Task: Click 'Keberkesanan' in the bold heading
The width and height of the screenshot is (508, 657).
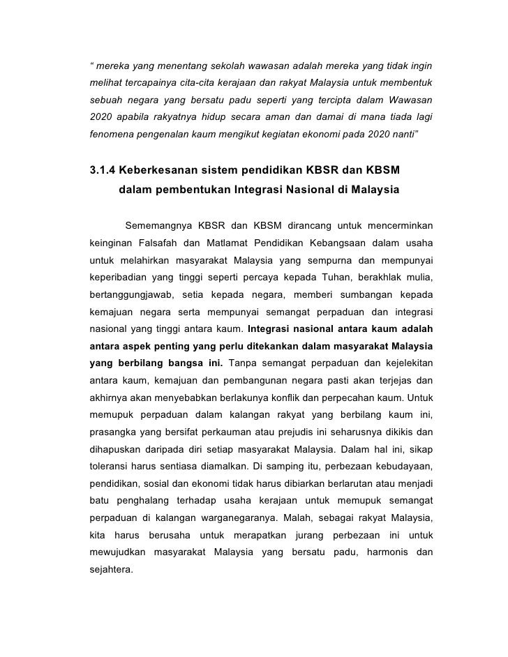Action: [169, 170]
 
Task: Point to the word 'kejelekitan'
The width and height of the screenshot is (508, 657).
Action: [401, 363]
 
